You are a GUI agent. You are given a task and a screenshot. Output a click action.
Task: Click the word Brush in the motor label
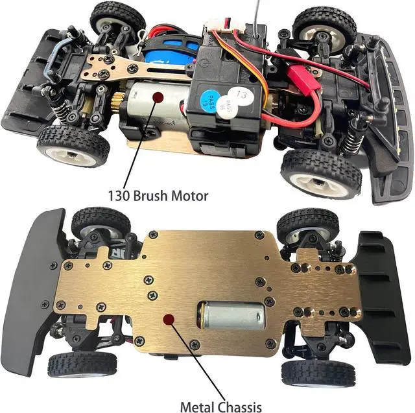[x=148, y=194]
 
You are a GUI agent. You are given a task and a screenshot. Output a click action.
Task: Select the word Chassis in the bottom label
[x=248, y=407]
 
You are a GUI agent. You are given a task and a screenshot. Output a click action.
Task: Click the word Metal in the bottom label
[x=199, y=407]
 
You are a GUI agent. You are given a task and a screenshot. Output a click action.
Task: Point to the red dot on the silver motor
[x=157, y=97]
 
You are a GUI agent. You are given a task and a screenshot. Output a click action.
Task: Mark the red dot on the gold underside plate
[x=169, y=319]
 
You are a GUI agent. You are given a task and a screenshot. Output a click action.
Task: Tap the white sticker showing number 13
[x=241, y=95]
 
